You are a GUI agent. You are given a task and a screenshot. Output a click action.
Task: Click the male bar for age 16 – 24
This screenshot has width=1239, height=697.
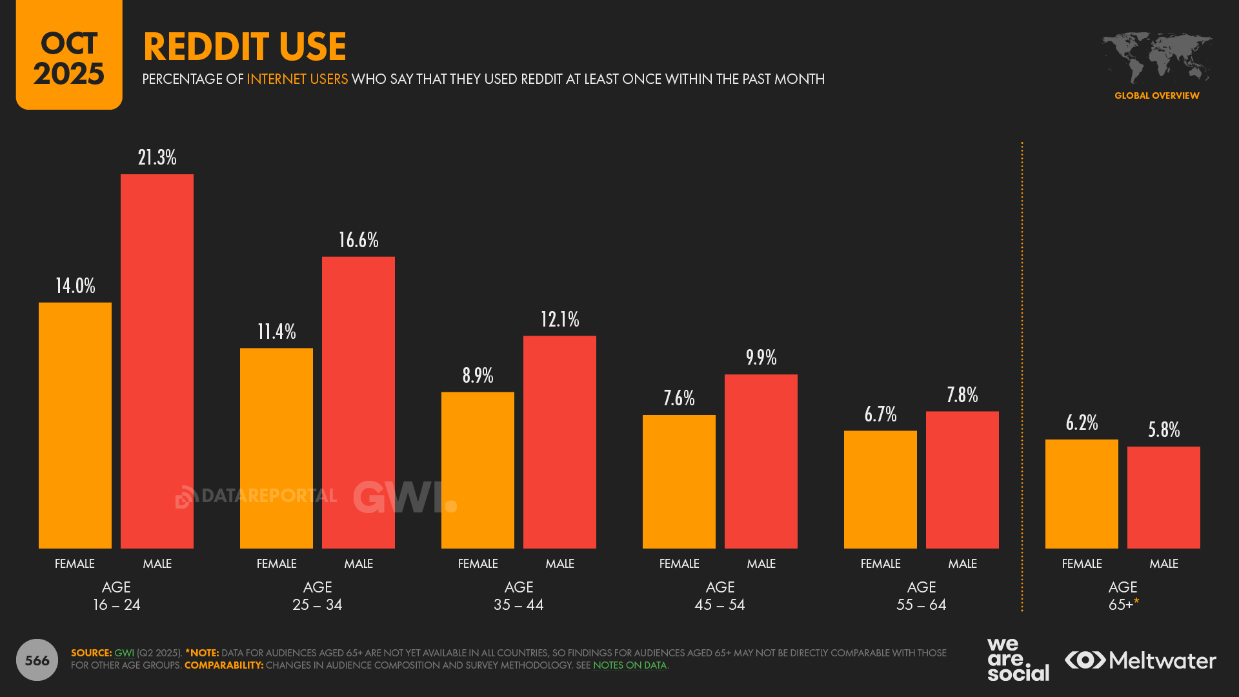pos(157,361)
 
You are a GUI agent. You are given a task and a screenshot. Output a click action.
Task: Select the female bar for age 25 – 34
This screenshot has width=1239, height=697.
pos(276,448)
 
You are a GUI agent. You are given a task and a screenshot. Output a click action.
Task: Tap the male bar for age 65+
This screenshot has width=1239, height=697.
pos(1163,497)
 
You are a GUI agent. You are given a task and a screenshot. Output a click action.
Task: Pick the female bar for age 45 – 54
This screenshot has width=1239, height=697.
pos(679,481)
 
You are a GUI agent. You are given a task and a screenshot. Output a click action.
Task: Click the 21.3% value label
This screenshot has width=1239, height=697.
pos(157,157)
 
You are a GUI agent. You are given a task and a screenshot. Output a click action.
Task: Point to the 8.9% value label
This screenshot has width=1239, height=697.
pos(478,376)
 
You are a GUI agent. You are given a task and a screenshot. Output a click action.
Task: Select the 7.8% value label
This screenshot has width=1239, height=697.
pos(962,395)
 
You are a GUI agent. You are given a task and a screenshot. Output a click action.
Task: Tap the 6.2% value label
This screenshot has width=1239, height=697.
pos(1082,423)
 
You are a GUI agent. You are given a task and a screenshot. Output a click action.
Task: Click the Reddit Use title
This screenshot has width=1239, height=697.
pos(245,46)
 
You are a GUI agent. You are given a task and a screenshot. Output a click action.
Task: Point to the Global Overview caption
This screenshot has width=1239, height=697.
pos(1156,96)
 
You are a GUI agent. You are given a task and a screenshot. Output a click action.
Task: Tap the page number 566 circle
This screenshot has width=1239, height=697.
pos(37,660)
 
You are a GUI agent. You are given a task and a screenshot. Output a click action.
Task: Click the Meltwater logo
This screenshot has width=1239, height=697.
pos(1140,660)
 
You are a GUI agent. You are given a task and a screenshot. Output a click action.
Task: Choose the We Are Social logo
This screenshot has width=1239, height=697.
pos(1018,660)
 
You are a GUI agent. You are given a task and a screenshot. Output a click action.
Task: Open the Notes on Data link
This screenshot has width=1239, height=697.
pos(629,665)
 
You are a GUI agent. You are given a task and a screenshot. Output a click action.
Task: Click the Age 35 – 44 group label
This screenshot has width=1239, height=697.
pos(518,596)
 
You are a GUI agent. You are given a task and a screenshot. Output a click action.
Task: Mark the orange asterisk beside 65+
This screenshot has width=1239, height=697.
pos(1136,601)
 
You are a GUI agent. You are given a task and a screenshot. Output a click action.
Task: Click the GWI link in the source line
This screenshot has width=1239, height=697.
pos(124,653)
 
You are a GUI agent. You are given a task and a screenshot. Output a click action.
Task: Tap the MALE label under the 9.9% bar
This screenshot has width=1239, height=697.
pos(761,563)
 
